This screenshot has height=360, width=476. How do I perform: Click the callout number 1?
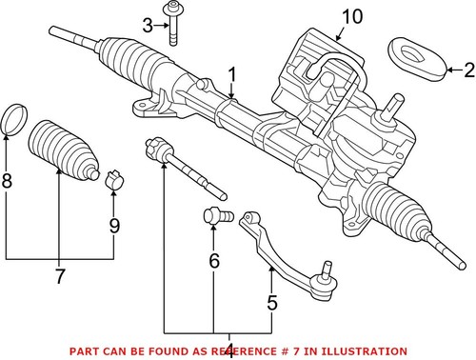pos(232,72)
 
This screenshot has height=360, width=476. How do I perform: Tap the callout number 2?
pos(467,69)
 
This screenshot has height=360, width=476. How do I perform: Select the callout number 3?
pos(148,24)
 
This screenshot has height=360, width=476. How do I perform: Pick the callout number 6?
pos(214,261)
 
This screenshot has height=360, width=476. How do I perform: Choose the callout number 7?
pos(59,277)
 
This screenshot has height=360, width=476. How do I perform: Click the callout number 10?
pos(351,16)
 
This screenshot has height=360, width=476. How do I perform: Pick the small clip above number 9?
pos(113,177)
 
